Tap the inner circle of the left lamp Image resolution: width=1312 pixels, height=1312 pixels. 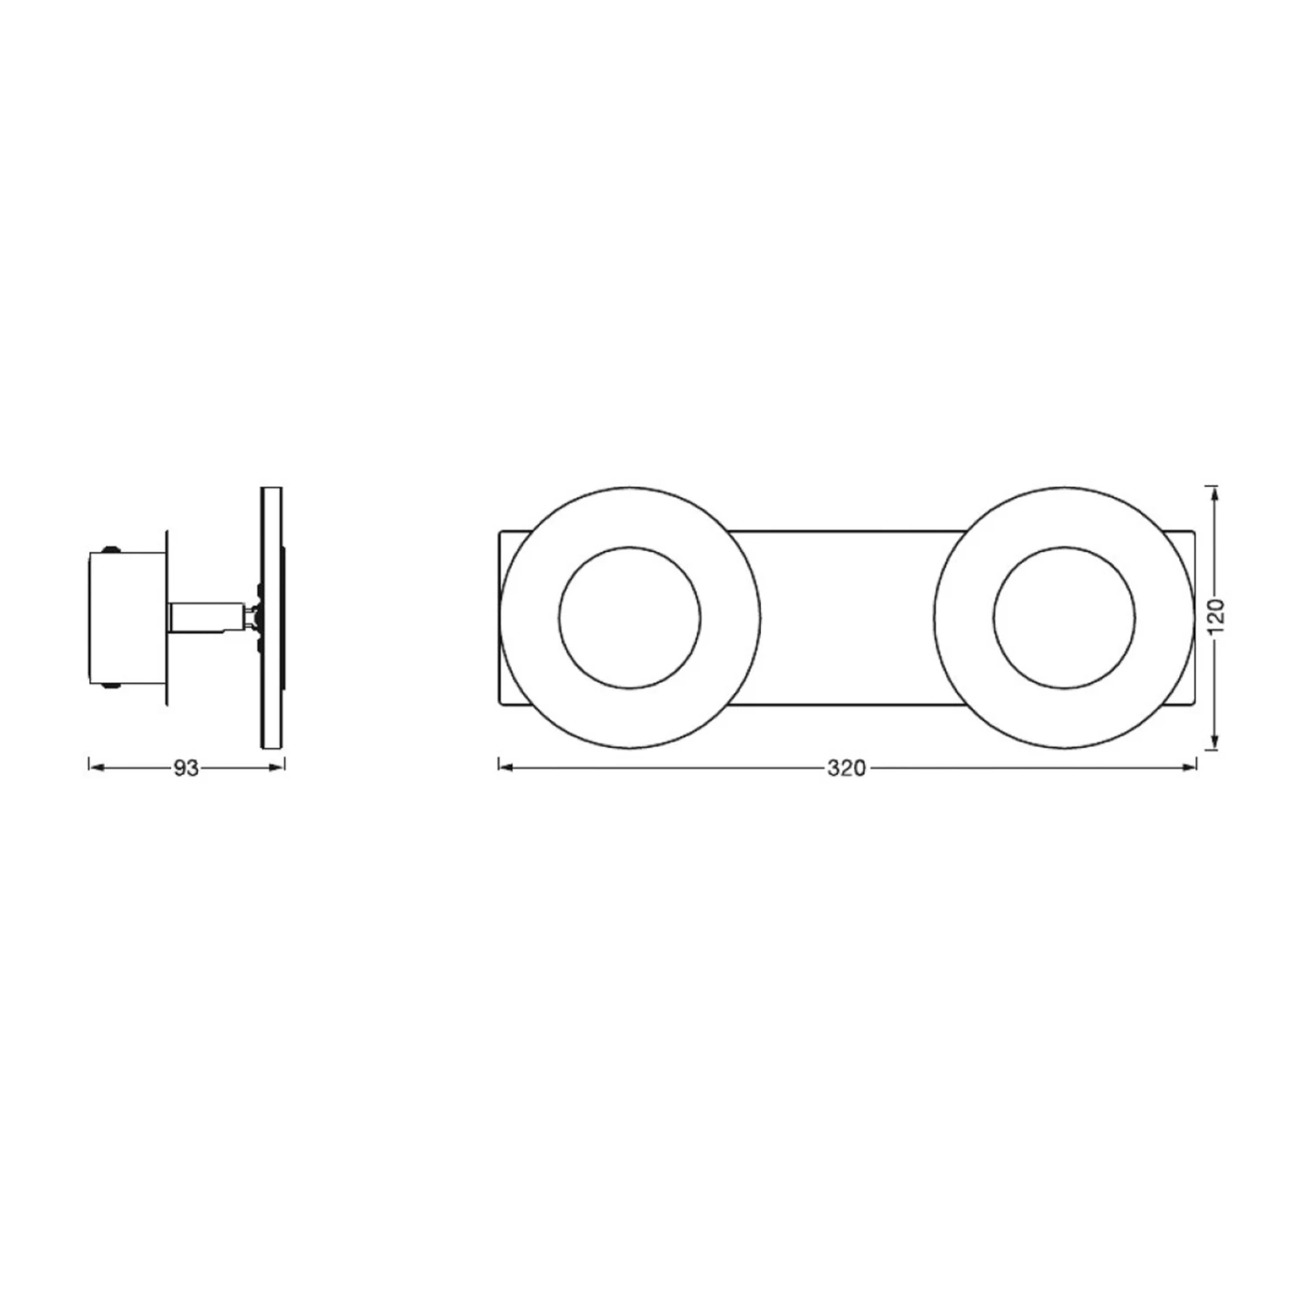click(630, 549)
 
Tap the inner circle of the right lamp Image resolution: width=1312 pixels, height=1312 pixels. click(1064, 549)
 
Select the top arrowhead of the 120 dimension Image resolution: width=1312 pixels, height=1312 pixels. click(1213, 496)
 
